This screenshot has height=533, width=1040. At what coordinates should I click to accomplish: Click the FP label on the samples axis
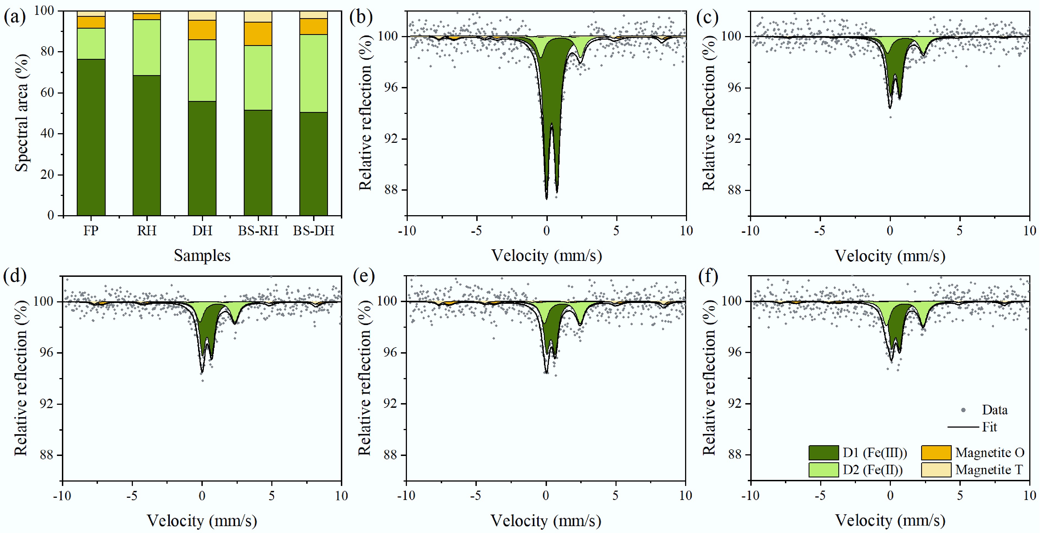point(91,231)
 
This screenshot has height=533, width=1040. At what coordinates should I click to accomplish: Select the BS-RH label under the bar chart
point(258,231)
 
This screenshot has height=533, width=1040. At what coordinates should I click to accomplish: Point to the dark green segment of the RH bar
point(147,145)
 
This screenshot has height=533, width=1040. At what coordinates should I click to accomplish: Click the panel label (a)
point(15,17)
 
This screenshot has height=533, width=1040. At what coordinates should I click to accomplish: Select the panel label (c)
point(707,17)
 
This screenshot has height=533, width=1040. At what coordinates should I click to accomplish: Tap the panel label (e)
point(363,277)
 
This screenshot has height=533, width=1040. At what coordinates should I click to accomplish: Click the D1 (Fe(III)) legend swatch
point(823,453)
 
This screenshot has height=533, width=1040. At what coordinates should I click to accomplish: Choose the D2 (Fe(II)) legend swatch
point(823,470)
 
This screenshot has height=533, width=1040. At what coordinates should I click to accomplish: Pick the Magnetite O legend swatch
point(936,453)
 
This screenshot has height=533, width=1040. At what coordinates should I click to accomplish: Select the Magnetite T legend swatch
point(936,470)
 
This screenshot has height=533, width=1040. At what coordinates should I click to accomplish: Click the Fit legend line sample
point(963,427)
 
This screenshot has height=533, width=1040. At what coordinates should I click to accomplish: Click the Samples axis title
point(202,256)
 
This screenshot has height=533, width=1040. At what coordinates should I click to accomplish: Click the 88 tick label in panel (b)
point(390,190)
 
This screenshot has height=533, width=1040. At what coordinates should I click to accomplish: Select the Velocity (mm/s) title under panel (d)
point(202,521)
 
